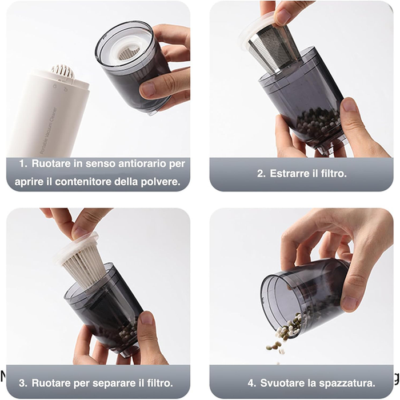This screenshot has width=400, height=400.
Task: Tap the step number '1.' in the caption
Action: tap(23, 163)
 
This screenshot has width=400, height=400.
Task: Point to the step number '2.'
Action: tap(261, 173)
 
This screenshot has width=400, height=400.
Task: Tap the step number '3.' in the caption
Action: tap(23, 382)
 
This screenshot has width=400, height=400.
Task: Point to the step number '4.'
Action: tap(252, 382)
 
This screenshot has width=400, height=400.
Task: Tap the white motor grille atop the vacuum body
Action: tap(62, 71)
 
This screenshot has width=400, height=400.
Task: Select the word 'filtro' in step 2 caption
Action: tap(334, 173)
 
